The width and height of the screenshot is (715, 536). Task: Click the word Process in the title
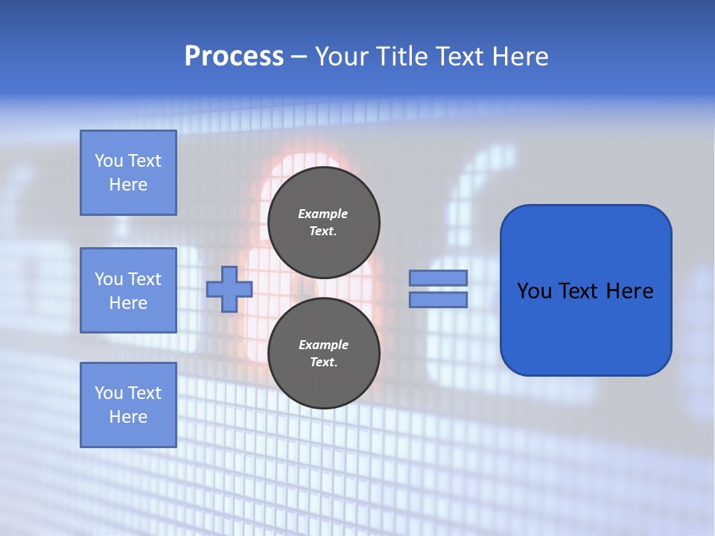click(x=234, y=57)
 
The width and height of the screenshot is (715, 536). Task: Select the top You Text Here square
click(x=128, y=173)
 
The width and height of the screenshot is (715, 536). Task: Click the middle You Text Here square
click(x=128, y=290)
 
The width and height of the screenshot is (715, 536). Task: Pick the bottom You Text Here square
click(x=128, y=404)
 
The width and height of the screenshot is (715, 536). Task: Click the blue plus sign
click(x=229, y=289)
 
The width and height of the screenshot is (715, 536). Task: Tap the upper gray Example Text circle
click(x=323, y=222)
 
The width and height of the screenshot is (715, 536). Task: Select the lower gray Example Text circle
click(x=323, y=353)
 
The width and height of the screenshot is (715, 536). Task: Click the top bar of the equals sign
click(x=439, y=278)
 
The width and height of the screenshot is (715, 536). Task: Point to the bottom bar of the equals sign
click(x=439, y=299)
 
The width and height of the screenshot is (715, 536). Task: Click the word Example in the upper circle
click(x=323, y=214)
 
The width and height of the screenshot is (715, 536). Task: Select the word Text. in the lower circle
click(x=323, y=363)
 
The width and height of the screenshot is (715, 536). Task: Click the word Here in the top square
click(x=128, y=185)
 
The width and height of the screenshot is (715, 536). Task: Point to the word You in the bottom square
click(x=109, y=392)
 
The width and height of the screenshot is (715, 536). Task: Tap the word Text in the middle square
click(x=144, y=279)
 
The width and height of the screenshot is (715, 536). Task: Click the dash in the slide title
click(x=299, y=57)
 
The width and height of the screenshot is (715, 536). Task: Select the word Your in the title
click(x=340, y=57)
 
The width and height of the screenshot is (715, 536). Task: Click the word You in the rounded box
click(x=534, y=291)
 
